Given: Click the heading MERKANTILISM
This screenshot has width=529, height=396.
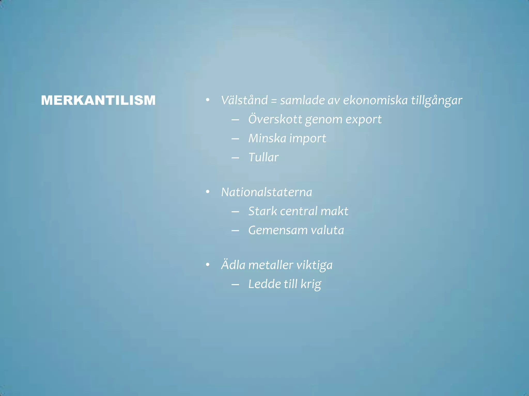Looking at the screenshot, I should [x=98, y=100].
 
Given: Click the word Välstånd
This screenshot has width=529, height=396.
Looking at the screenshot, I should [x=244, y=100].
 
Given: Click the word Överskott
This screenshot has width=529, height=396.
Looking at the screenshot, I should [x=275, y=119].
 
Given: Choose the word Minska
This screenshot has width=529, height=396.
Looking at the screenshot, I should [x=267, y=138].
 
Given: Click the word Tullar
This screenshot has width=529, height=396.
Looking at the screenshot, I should [x=263, y=157].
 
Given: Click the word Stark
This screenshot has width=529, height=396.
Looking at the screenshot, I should [x=262, y=211].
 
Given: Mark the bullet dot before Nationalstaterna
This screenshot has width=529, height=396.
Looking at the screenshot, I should [x=207, y=192].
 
